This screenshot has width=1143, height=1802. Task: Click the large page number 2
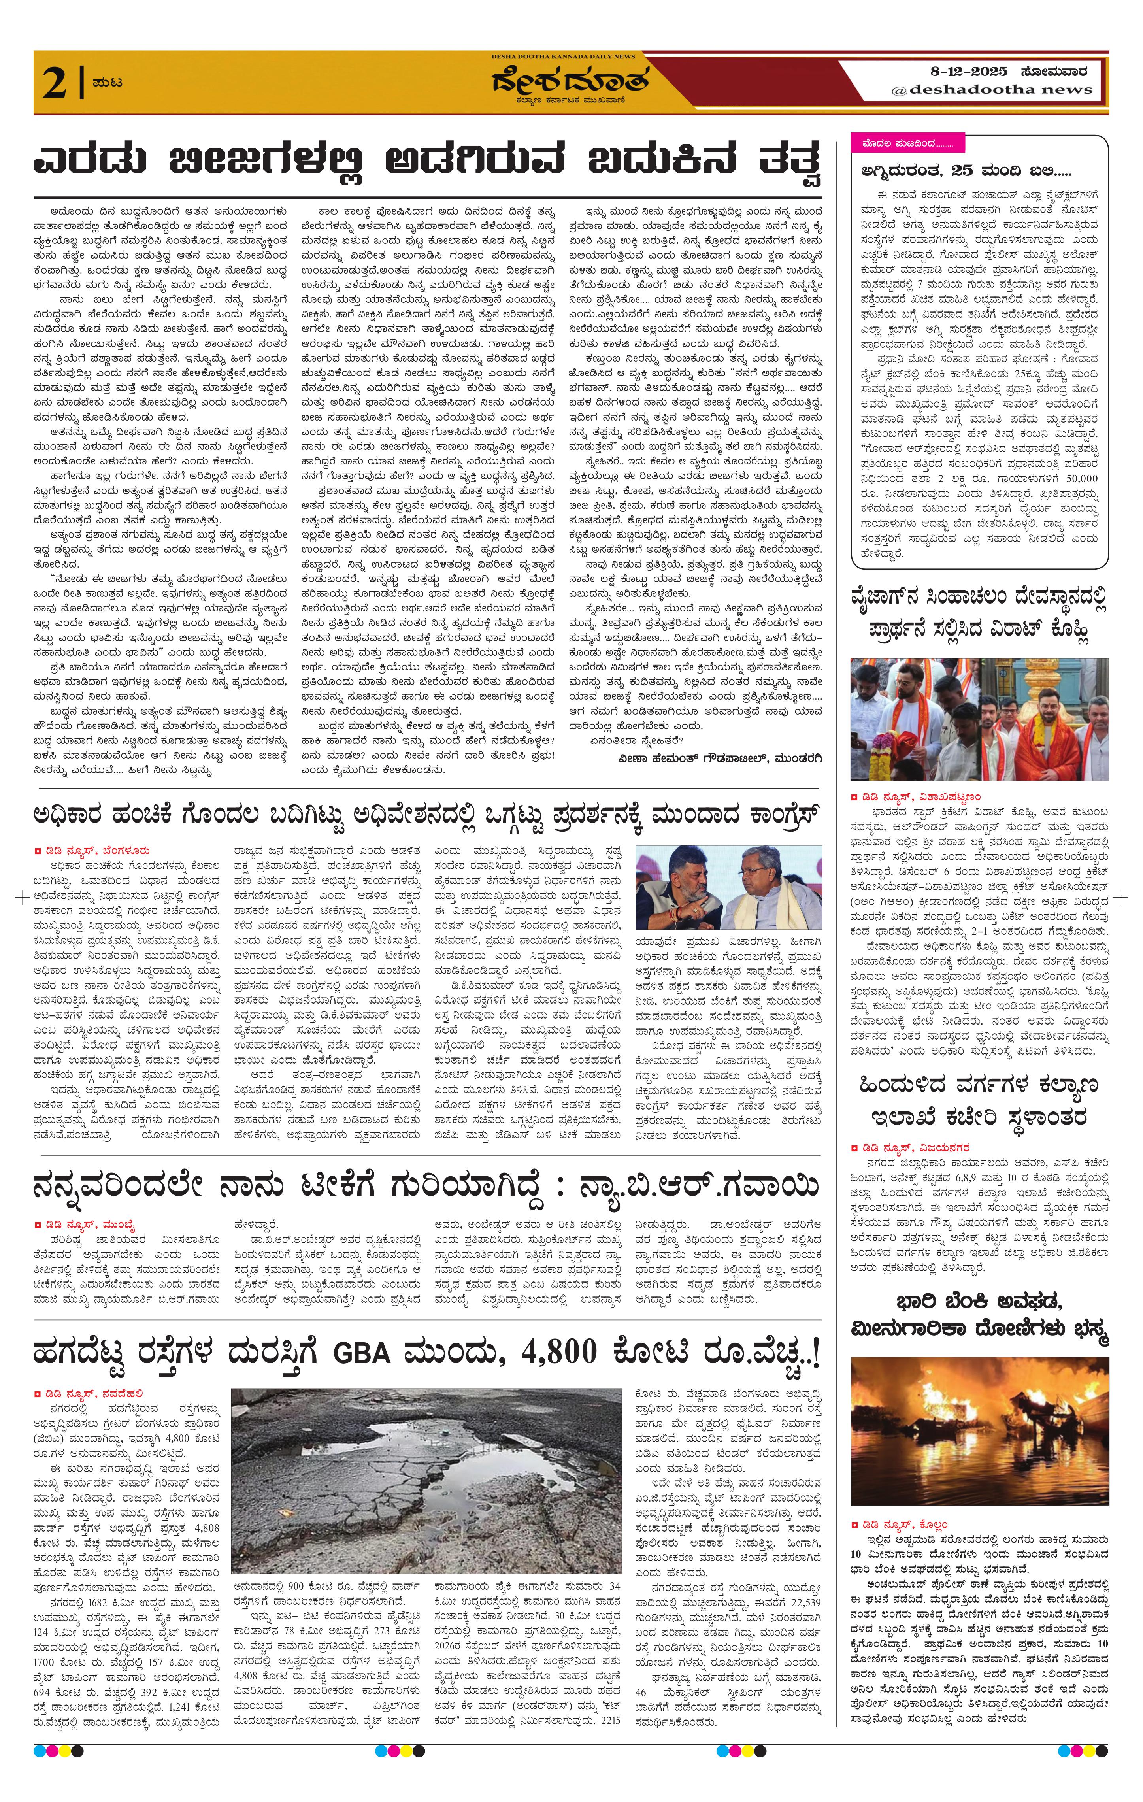[x=56, y=82]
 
